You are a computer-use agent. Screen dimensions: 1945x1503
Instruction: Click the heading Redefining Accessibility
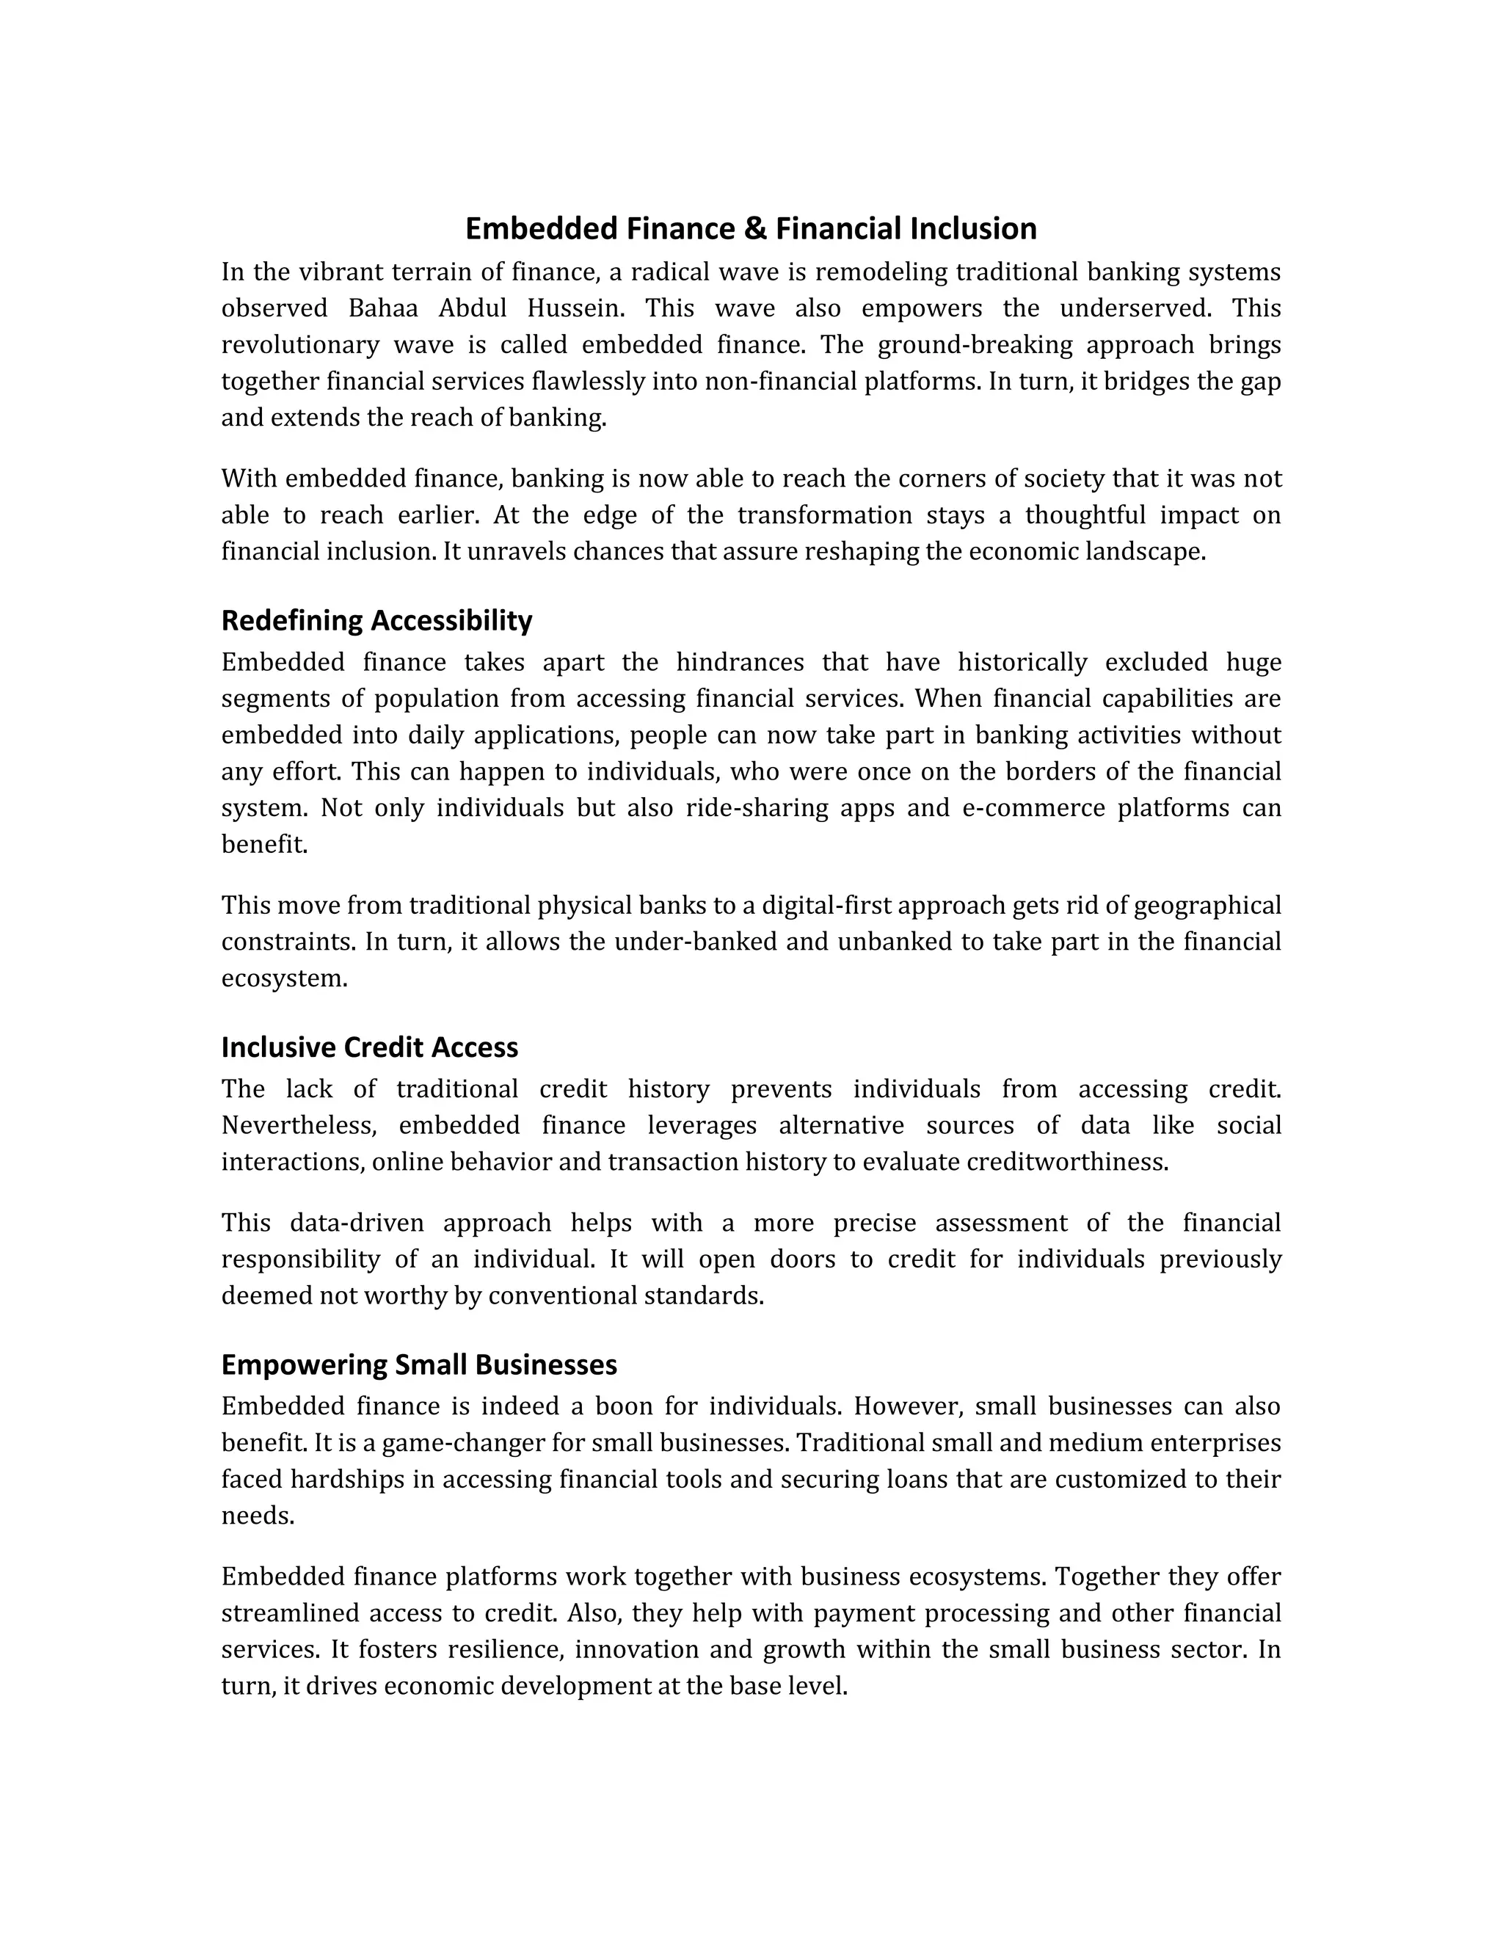(376, 620)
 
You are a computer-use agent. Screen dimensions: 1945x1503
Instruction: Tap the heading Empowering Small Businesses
(418, 1364)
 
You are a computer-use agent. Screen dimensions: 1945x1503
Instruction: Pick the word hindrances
(739, 662)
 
